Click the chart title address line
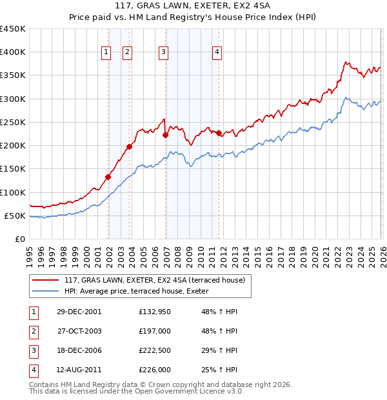(x=193, y=6)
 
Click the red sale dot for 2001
(x=108, y=177)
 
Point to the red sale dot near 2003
(x=129, y=146)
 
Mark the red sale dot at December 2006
(x=165, y=135)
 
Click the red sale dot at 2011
(x=219, y=133)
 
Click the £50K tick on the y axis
(x=15, y=215)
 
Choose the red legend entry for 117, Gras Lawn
(x=155, y=280)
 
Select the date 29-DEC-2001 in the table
(x=79, y=312)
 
